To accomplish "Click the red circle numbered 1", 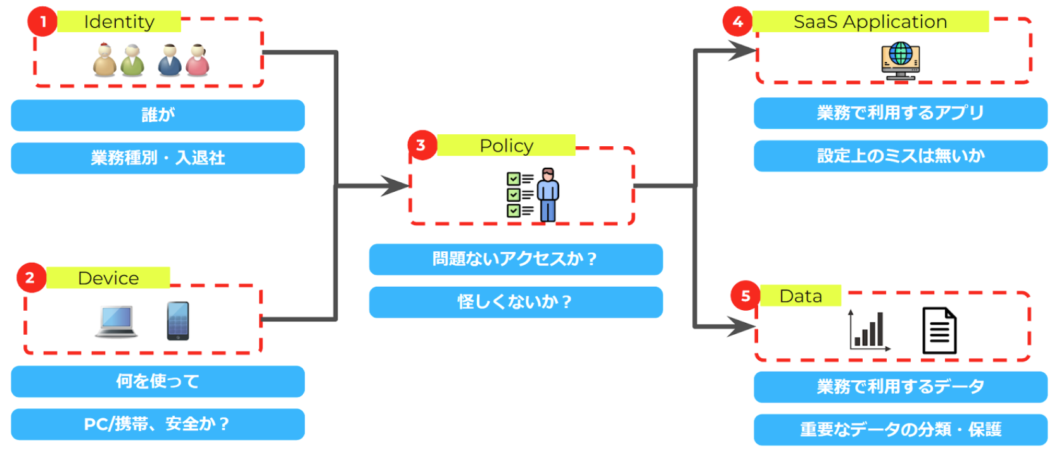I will pos(42,22).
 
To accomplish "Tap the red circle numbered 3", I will pos(421,146).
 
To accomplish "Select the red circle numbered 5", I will pos(745,296).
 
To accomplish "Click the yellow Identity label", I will pos(119,22).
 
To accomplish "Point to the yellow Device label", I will pos(108,278).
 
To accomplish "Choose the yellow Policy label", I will pos(506,146).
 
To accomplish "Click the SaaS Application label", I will pos(870,22).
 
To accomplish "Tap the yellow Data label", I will pos(801,296).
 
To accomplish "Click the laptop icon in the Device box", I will pos(117,321).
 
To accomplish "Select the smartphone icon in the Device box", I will pos(178,321).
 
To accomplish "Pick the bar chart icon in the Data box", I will pos(869,330).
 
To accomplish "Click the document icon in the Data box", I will pos(939,330).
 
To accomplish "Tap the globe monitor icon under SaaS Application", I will pos(900,61).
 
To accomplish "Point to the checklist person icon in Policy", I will pos(533,194).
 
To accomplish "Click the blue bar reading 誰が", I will pos(158,115).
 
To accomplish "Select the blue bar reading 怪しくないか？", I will pos(516,302).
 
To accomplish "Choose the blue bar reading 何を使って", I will pos(158,382).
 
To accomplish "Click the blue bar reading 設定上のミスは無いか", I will pos(900,156).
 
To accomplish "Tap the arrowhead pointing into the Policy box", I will pos(396,186).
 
